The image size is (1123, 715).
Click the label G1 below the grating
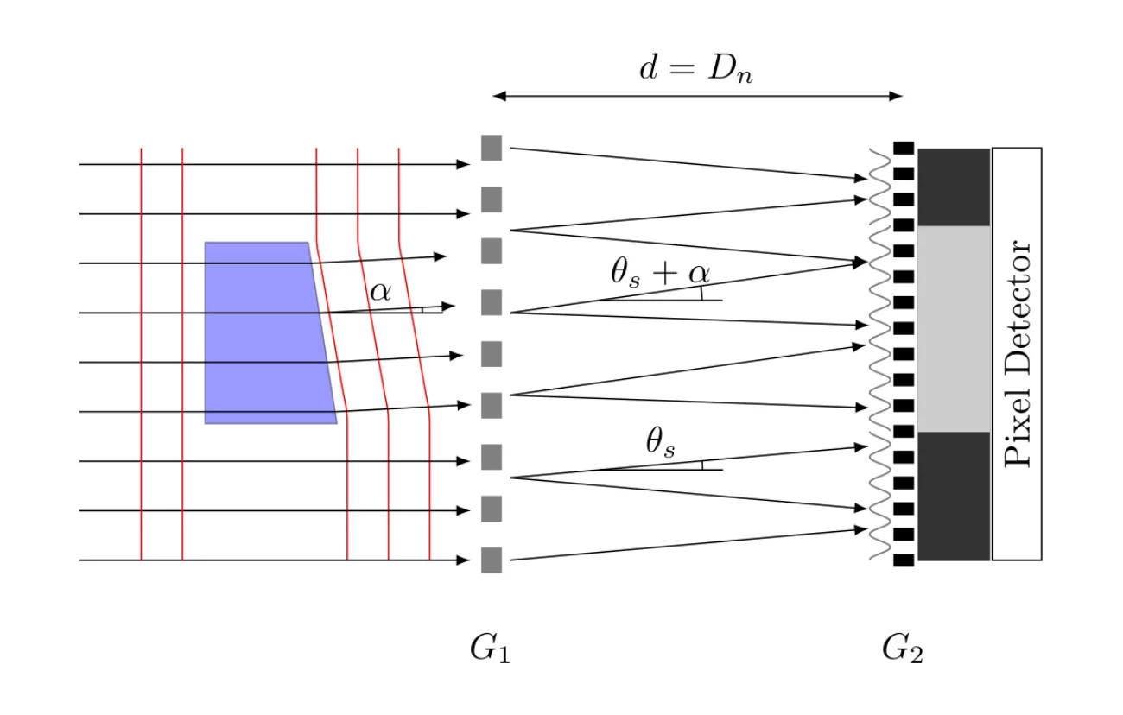490,649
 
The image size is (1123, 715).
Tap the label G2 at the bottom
902,649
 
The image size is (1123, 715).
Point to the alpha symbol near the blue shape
380,291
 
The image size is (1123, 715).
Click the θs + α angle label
660,273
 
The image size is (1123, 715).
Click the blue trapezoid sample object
263,332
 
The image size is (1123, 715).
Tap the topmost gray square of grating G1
492,148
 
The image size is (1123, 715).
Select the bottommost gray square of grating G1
492,560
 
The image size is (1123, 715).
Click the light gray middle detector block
954,328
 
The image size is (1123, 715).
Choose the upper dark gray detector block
954,187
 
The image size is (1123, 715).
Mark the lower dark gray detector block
954,496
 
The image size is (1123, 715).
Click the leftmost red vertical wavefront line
141,354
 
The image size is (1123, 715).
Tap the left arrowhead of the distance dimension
498,97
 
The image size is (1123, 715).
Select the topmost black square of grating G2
904,148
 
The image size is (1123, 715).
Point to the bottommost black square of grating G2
904,560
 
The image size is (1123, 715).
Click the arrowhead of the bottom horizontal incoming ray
465,560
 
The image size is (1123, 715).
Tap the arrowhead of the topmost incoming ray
465,164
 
